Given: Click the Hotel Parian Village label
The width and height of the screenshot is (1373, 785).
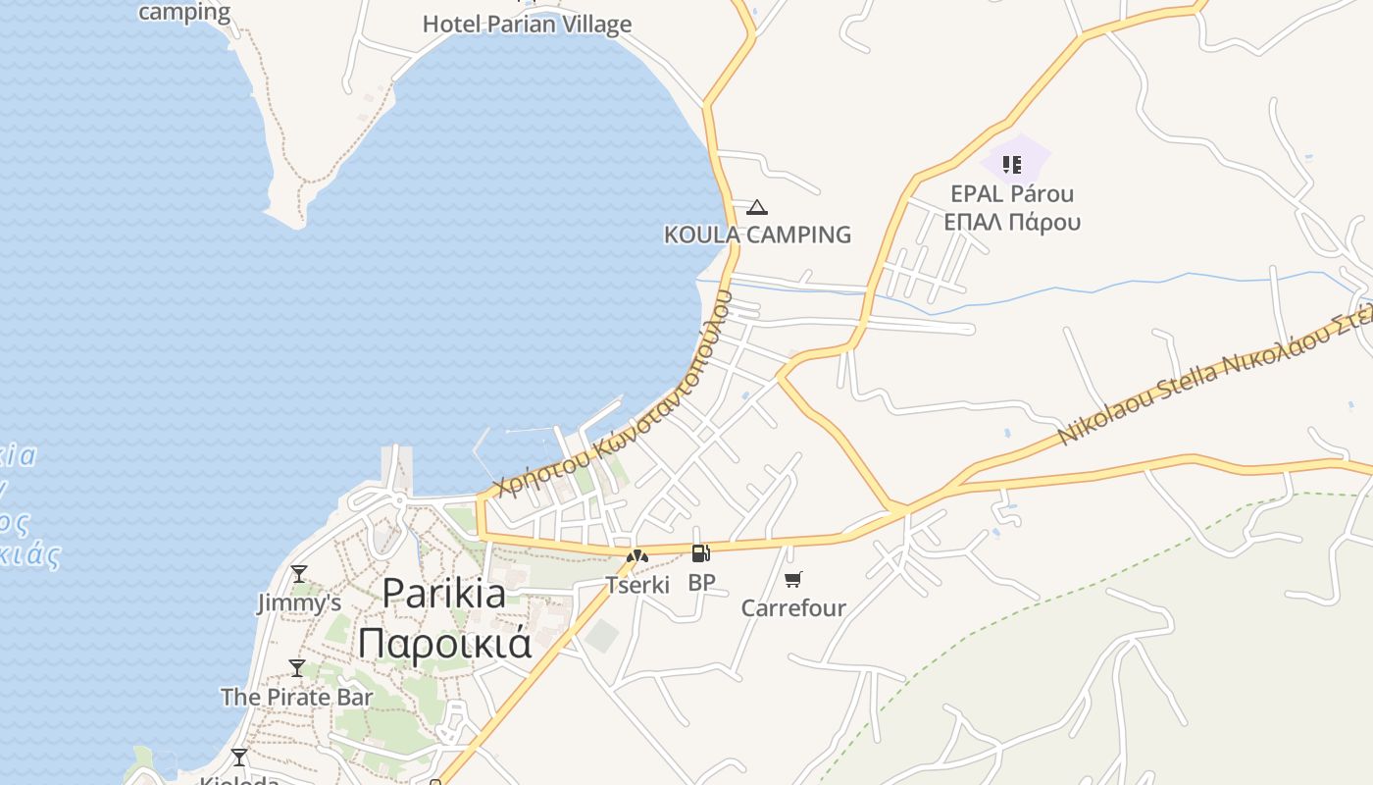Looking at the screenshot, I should [527, 24].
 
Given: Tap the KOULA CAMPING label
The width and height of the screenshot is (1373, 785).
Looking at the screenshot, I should [757, 235].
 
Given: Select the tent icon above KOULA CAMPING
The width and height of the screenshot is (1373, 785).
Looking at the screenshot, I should [756, 207].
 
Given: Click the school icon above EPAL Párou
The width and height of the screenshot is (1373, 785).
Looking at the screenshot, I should [1012, 164].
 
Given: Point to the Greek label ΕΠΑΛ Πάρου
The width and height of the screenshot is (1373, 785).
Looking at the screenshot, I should [1012, 222].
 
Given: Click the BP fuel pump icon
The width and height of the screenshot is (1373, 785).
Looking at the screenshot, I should [700, 554].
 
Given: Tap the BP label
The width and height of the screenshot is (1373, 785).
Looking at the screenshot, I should [701, 583].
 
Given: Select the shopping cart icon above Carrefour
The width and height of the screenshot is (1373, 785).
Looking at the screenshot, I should [793, 579].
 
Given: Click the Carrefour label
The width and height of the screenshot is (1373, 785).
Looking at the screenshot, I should [793, 608].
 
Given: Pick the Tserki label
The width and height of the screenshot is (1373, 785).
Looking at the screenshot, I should [637, 585].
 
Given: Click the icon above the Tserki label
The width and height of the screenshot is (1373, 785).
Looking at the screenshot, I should [637, 556].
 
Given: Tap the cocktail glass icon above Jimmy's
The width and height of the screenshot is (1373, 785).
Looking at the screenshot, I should [299, 573].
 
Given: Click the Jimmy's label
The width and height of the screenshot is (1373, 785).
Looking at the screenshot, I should [299, 602].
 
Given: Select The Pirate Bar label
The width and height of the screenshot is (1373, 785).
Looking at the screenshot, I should [296, 697].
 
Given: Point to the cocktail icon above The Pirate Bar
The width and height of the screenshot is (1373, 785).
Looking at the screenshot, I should [297, 668].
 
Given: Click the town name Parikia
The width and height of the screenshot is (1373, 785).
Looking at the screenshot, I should [444, 593].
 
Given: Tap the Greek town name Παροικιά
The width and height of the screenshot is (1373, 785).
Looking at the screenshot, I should [444, 644].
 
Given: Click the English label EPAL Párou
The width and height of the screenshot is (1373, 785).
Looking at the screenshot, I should [1012, 194].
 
